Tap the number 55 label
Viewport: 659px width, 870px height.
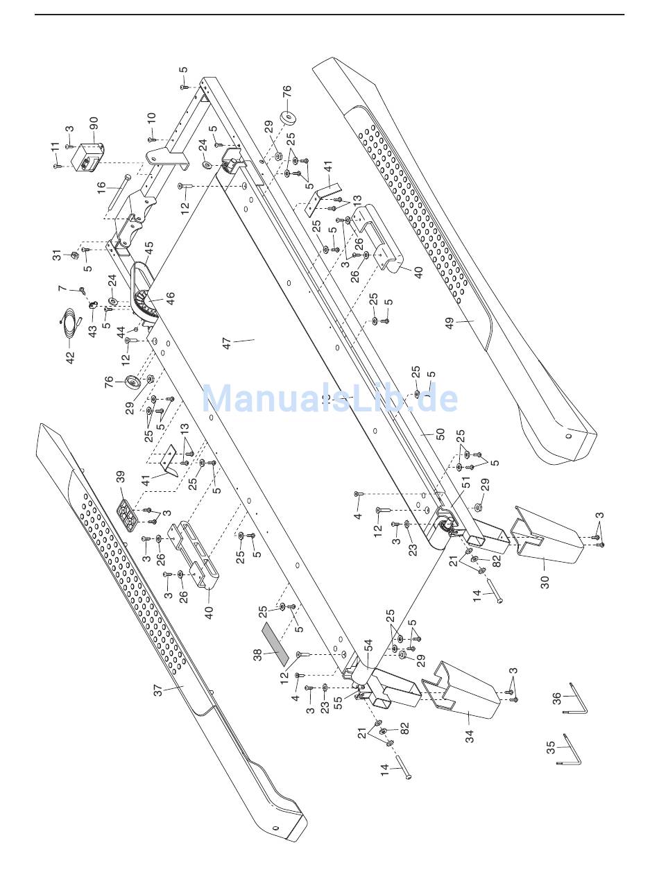point(338,702)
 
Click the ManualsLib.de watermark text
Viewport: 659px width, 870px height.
point(329,399)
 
